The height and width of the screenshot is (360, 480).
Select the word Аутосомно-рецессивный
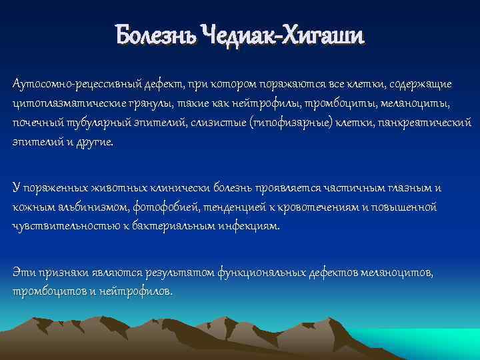pos(69,85)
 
